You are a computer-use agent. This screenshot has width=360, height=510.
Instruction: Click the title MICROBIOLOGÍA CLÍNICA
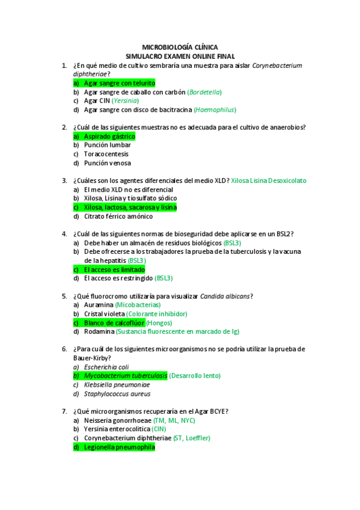coord(180,46)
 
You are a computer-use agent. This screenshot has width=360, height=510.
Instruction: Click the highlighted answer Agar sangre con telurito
coord(119,83)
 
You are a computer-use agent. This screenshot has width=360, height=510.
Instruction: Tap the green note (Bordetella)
coord(205,92)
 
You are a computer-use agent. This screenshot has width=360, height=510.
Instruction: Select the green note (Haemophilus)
coord(215,110)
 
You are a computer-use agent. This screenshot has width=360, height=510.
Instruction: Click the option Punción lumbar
coord(108,145)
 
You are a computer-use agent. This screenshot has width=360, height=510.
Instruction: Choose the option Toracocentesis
coord(106,154)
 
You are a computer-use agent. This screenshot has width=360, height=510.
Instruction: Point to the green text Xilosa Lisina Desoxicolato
coord(269,180)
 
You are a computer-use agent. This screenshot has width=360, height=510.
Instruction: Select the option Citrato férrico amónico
coord(118,216)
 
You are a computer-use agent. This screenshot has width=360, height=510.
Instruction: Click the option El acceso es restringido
coord(118,278)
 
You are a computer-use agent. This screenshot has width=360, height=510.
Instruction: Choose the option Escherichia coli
coord(106,367)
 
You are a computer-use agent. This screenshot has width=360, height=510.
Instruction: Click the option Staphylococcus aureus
coord(117,394)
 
